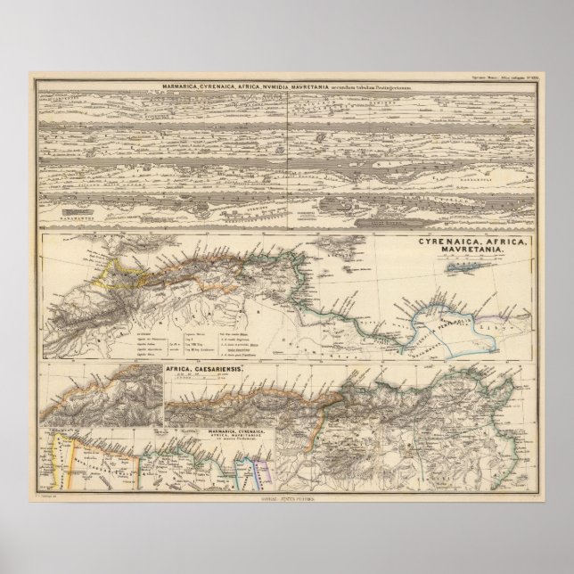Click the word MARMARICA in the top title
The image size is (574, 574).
tap(179, 86)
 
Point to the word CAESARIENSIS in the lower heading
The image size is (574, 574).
tap(217, 367)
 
